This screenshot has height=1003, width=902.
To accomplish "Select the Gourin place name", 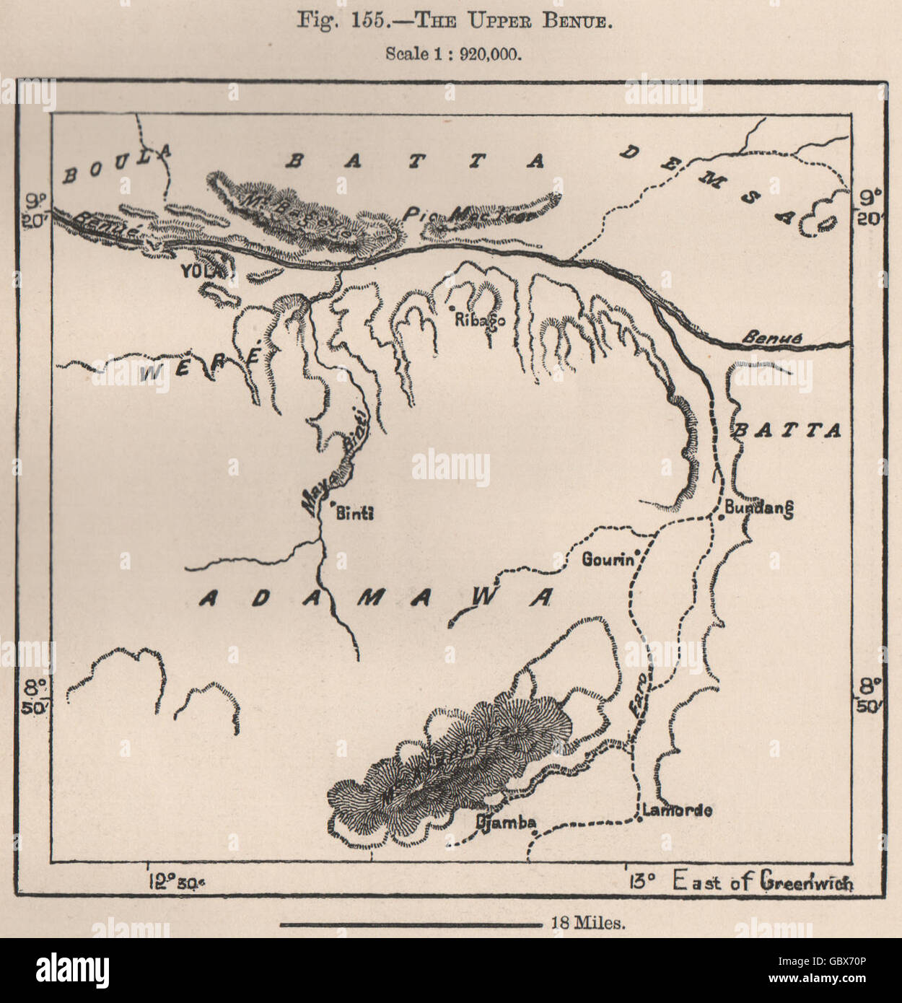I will click(607, 559).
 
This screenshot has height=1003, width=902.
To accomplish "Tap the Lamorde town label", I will click(677, 810).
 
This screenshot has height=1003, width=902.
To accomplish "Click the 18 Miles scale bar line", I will click(410, 924).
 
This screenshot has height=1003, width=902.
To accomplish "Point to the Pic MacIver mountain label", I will click(468, 214).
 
